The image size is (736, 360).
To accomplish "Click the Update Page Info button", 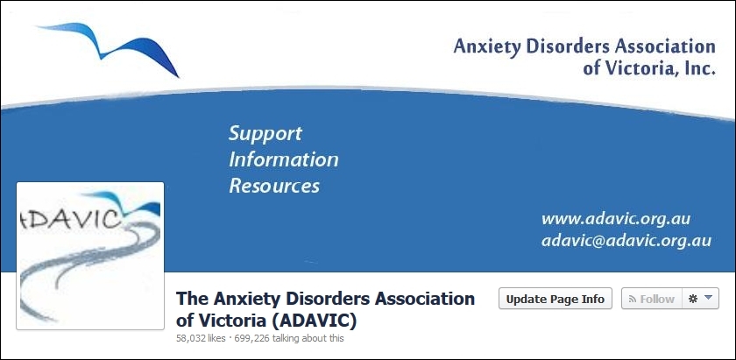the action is coord(556,299).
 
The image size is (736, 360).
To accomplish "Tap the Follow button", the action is coord(652,299).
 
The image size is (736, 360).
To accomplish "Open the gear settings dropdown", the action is coord(700,299).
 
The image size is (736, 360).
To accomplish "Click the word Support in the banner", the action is coord(265,134).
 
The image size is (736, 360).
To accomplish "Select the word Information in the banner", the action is coord(284,159).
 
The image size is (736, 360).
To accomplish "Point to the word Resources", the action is coord(274,186).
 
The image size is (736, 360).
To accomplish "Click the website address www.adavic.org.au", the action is coord(616,219).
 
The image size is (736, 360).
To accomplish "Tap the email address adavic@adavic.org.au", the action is coord(626,241).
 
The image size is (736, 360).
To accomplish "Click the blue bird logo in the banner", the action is coord(109,47).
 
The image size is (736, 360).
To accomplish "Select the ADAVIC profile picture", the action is coord(90,256).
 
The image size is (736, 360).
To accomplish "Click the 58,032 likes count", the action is coord(201,338).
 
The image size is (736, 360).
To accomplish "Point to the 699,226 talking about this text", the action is coord(287,338).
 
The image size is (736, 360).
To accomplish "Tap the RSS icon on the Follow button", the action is coord(633,299).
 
